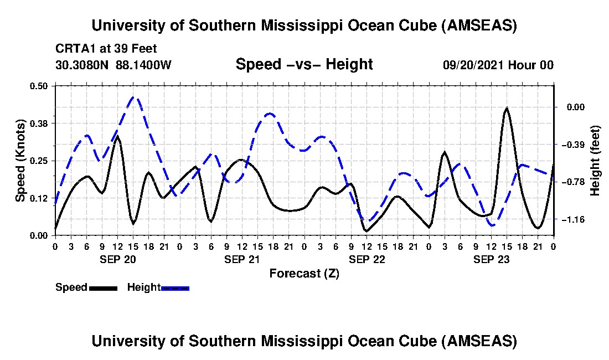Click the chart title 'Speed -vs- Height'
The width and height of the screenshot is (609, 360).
[x=304, y=64]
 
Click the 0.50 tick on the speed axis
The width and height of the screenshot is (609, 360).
[x=39, y=86]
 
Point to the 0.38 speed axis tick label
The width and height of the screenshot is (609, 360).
[x=39, y=123]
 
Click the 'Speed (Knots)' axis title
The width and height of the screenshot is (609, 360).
[x=20, y=161]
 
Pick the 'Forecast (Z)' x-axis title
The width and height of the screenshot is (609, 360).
[x=304, y=273]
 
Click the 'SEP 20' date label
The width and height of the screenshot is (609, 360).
[x=117, y=259]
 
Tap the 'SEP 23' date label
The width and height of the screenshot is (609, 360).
[x=491, y=259]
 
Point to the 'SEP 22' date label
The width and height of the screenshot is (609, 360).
[x=367, y=259]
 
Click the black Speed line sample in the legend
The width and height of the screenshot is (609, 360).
[x=102, y=288]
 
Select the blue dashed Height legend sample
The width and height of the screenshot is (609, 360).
[x=175, y=288]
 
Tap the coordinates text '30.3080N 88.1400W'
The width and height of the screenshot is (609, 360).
[x=113, y=65]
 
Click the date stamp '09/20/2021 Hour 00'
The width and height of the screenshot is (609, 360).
[x=498, y=65]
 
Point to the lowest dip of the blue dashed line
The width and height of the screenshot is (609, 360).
[x=492, y=225]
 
